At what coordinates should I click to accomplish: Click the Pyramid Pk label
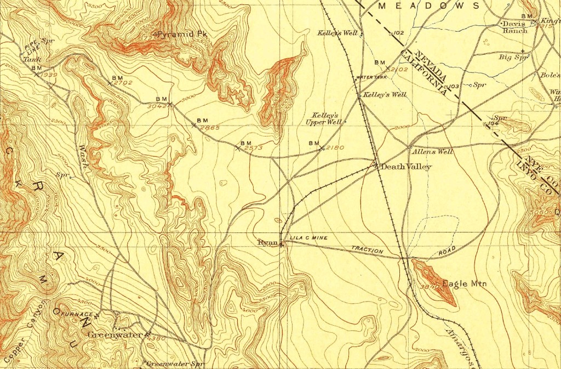(184, 34)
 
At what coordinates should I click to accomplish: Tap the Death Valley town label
(406, 167)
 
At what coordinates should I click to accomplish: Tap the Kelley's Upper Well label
(326, 119)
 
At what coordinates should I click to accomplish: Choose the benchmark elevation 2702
(123, 83)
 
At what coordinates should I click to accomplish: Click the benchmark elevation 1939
(48, 74)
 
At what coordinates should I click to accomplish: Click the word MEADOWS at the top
(429, 5)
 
